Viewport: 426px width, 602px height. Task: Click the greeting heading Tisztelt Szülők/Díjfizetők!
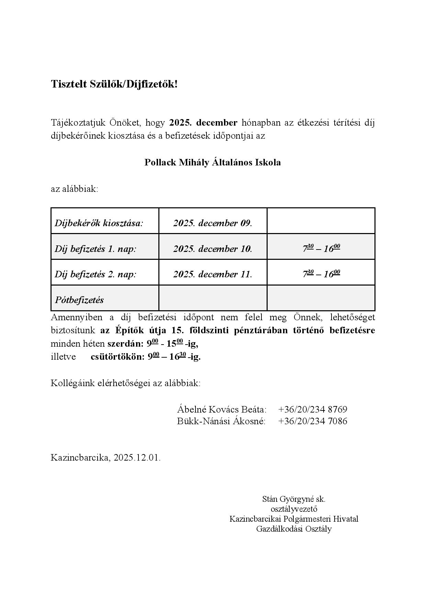114,84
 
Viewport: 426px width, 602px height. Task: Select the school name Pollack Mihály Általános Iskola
212,162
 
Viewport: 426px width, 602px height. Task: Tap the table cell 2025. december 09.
213,223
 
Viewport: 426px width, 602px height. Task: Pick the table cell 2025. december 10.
213,249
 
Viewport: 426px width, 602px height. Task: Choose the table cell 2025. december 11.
213,274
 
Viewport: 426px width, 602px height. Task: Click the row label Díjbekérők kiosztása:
99,223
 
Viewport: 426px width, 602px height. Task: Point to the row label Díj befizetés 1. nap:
96,249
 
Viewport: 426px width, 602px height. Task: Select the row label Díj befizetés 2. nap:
96,274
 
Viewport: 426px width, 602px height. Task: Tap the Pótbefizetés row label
79,300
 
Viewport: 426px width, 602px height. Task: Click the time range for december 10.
321,248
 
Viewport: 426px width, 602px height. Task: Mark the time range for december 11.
321,274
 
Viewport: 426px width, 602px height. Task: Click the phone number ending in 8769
313,409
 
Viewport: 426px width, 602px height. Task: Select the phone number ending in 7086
313,421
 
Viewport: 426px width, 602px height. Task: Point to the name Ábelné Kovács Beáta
222,409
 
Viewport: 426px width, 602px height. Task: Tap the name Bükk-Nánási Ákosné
221,421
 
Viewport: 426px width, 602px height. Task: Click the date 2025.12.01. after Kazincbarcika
137,458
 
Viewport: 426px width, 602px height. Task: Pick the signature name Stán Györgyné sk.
294,499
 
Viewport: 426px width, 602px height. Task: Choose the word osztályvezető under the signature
294,509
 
